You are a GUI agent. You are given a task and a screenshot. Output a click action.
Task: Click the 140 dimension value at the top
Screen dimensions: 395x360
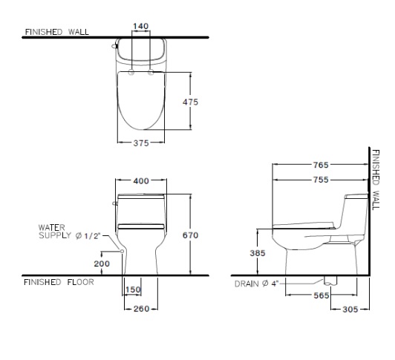141,26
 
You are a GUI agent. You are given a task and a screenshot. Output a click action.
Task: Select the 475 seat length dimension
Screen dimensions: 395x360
190,102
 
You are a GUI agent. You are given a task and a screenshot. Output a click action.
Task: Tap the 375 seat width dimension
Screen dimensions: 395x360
141,143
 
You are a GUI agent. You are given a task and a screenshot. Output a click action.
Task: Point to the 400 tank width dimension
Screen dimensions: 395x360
141,181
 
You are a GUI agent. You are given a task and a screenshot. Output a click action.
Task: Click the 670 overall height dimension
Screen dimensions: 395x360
190,235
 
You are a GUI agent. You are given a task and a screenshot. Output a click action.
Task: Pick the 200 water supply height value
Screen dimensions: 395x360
102,264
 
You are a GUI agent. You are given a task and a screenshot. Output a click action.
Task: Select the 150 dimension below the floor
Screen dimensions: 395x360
133,289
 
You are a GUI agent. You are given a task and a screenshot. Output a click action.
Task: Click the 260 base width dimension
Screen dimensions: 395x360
141,309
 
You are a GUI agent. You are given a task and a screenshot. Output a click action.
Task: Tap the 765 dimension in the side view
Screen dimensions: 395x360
321,165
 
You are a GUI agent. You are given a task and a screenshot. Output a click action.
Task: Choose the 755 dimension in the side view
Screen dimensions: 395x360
321,180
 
